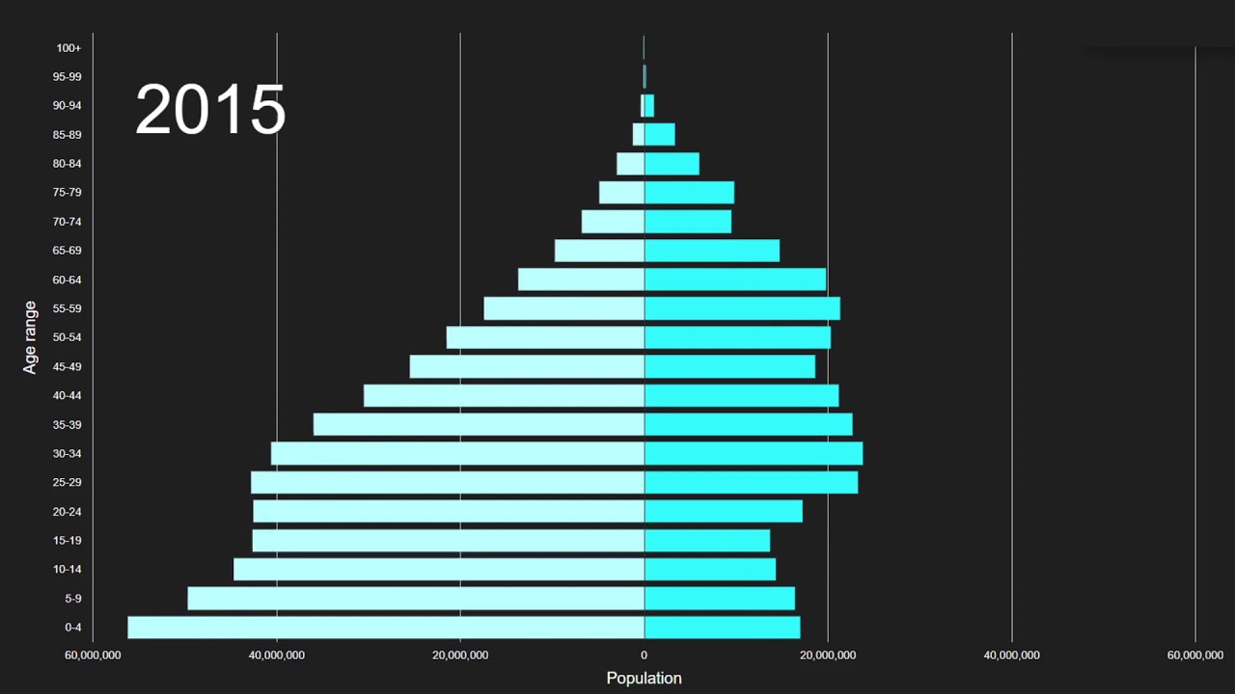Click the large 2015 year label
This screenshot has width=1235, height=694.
coord(210,109)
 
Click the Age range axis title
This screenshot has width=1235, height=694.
coord(31,337)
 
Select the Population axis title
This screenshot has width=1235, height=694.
coord(644,678)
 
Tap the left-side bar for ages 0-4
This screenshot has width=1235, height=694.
coord(386,627)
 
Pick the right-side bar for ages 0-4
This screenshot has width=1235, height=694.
coord(722,627)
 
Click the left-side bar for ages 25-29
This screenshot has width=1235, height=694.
coord(448,482)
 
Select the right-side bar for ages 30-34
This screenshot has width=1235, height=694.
coord(754,453)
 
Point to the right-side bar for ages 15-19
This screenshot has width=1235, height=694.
coord(707,541)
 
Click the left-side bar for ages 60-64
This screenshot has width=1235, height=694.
coord(581,280)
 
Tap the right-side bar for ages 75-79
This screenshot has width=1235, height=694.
coord(689,193)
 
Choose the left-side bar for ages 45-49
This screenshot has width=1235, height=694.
coord(527,366)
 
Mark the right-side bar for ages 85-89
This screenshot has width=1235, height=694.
coord(660,134)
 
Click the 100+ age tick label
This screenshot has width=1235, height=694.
coord(69,48)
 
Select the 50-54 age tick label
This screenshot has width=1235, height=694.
coord(67,337)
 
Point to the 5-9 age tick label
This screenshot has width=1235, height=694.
coord(73,599)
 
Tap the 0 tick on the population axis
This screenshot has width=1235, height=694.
coord(644,655)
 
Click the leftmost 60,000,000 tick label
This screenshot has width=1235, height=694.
coord(93,655)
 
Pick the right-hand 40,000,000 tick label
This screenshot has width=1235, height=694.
coord(1011,655)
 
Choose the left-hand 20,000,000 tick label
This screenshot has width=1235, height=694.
coord(460,655)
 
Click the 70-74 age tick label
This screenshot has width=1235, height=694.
coord(67,222)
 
